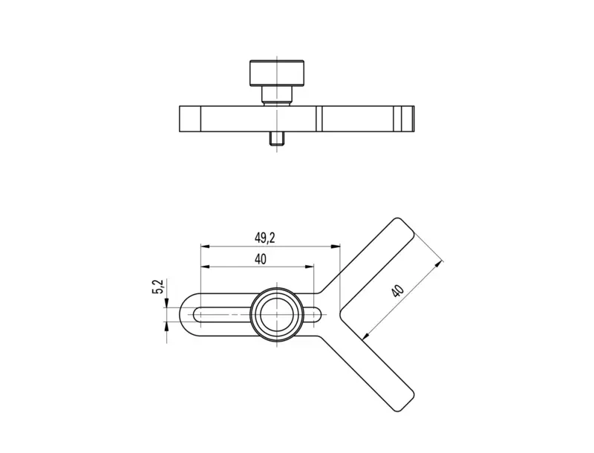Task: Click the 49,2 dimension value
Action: (x=265, y=238)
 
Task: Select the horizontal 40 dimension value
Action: (x=261, y=259)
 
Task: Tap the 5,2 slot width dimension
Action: (x=158, y=287)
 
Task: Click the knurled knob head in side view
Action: (x=276, y=73)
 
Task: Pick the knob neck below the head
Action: (x=276, y=95)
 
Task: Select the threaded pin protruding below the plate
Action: (x=276, y=139)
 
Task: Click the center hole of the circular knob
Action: (x=277, y=314)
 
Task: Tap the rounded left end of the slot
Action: (x=197, y=314)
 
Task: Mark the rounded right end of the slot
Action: (x=318, y=314)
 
